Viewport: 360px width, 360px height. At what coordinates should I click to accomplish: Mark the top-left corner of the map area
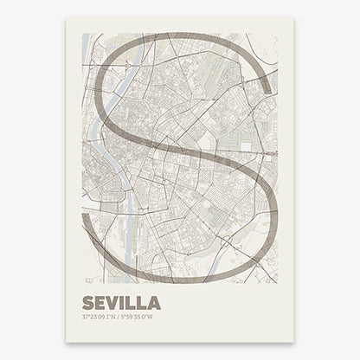[x=82, y=34]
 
